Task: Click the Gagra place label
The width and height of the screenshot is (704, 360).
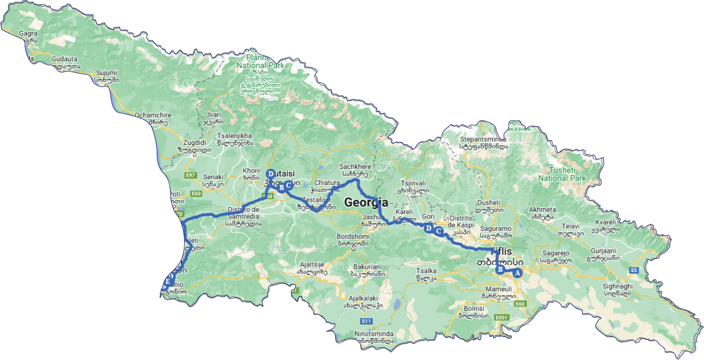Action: pos(28,33)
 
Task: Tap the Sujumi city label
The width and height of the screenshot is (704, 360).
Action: pos(106,73)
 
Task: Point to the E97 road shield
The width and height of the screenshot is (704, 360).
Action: pos(191,175)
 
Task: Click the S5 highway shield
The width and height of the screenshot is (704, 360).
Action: pos(634,270)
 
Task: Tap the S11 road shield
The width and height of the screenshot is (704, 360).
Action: pos(367,321)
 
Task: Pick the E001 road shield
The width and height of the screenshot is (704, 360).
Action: pos(501,317)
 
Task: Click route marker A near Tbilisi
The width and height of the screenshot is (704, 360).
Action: pos(517,273)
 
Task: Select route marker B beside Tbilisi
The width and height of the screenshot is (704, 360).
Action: pos(500,270)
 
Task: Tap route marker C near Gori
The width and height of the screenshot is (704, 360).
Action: pos(438,231)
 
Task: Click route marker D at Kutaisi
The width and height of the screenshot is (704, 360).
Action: pos(270,173)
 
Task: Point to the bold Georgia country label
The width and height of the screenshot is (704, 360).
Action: pos(366,202)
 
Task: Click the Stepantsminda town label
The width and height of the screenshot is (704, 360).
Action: pos(484,139)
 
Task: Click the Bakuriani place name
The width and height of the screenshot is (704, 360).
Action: pos(365,267)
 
